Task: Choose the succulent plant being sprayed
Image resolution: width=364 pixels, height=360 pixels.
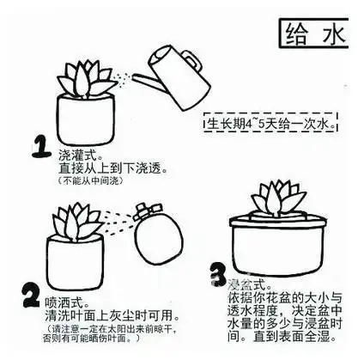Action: coord(79,222)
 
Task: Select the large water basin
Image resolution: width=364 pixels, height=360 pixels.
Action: coord(283,245)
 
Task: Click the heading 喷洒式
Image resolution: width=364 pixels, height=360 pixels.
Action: coord(68,302)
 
